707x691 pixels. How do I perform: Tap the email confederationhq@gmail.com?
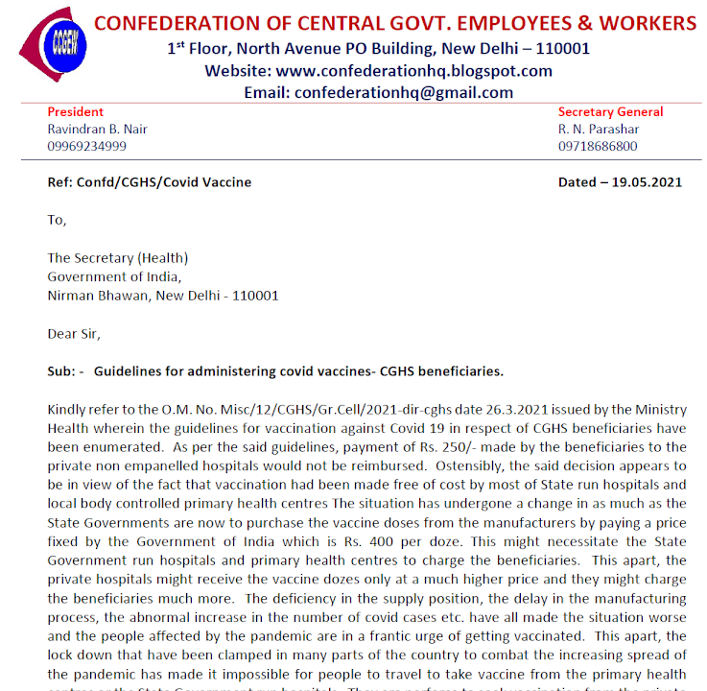point(404,93)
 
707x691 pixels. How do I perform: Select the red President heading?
point(76,112)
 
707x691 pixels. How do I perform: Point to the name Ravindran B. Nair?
point(98,130)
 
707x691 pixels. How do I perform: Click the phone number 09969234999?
point(87,147)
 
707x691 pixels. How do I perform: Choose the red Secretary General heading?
point(610,112)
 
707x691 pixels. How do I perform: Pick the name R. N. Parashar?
point(599,130)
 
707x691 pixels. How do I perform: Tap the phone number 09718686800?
point(598,147)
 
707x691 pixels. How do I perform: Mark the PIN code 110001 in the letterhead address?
point(558,48)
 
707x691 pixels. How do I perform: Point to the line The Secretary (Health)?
point(118,257)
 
